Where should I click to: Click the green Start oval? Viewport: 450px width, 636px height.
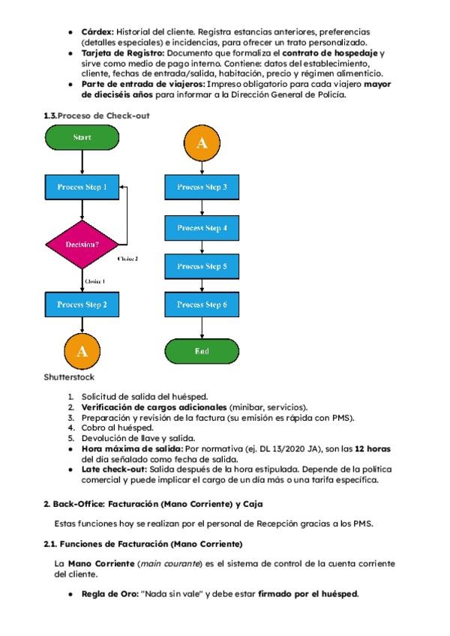tap(82, 138)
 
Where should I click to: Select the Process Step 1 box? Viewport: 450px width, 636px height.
tap(82, 186)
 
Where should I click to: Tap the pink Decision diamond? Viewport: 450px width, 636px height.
tap(82, 244)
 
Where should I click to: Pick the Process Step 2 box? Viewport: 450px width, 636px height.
tap(82, 304)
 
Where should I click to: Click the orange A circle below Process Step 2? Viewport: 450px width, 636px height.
tap(82, 350)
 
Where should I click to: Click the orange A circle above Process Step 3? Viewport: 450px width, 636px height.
tap(201, 143)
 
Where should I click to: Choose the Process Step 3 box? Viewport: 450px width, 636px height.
tap(201, 186)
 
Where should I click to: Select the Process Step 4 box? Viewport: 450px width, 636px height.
tap(201, 226)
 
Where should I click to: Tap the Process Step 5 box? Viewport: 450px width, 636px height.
tap(201, 265)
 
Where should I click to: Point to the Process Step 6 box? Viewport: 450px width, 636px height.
tap(201, 304)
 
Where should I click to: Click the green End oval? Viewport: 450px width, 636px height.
tap(201, 350)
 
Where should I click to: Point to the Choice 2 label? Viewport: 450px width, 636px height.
tap(127, 258)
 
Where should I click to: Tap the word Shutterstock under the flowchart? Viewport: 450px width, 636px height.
tap(69, 376)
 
